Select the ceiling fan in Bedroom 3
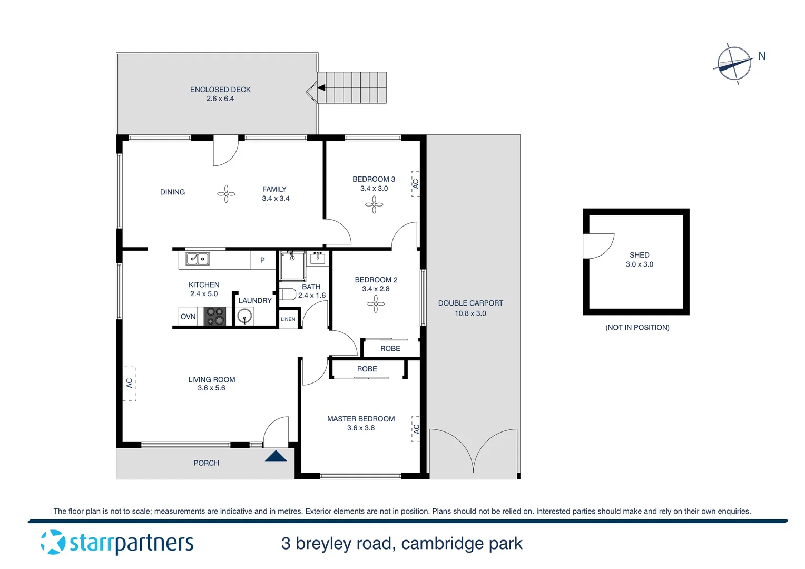[x=374, y=204]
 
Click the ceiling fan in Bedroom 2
[x=376, y=304]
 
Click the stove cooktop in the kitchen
[x=215, y=317]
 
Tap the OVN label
[x=188, y=317]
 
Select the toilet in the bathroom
[x=287, y=294]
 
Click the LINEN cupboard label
[x=288, y=319]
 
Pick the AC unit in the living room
[x=130, y=384]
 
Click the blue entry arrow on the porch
[x=276, y=456]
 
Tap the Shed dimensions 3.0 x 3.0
[x=639, y=264]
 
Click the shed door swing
[x=598, y=246]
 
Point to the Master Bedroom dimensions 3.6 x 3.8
[x=361, y=428]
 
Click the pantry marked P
[x=262, y=260]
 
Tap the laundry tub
[x=244, y=317]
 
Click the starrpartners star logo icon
[x=53, y=542]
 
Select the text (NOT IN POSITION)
[x=637, y=327]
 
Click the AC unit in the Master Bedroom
[x=416, y=429]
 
